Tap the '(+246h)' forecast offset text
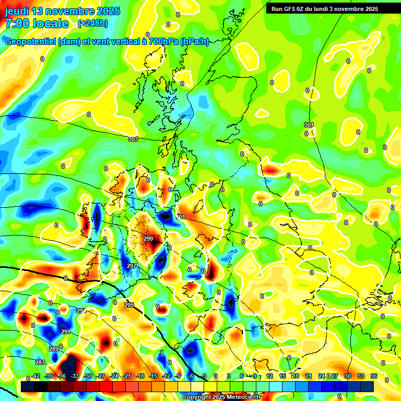(x=92, y=23)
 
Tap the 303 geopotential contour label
(x=133, y=139)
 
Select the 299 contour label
(x=148, y=239)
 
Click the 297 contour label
(x=132, y=266)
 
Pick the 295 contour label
(x=129, y=305)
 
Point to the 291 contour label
(x=65, y=332)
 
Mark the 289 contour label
(x=54, y=349)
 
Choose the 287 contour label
(x=40, y=363)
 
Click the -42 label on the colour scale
(x=36, y=376)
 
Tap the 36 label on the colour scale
(x=374, y=376)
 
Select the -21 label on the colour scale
(x=127, y=376)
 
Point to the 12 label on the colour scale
(x=269, y=376)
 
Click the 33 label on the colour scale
(x=361, y=376)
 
